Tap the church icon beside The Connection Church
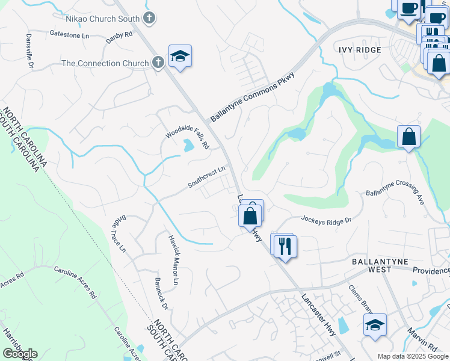point(158,63)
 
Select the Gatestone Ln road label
point(69,35)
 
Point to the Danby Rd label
point(119,35)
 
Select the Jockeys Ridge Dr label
point(325,221)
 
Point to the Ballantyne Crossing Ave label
point(395,198)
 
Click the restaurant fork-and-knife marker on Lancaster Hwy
point(285,246)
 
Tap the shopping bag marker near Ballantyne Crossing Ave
point(408,137)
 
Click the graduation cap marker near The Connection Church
point(180,57)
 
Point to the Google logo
point(20,354)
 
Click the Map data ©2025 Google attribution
point(412,356)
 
